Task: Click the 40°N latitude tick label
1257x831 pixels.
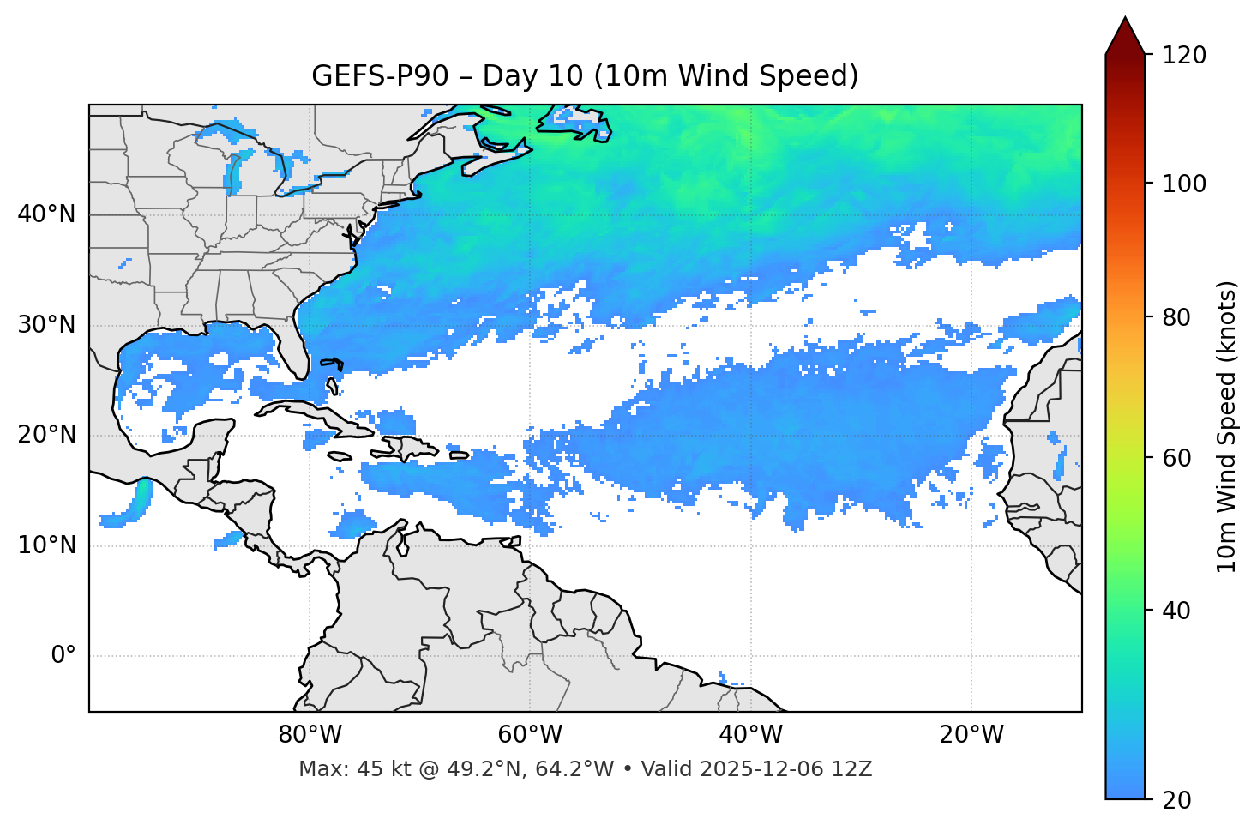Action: click(46, 214)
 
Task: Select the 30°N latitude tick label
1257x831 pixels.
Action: click(46, 325)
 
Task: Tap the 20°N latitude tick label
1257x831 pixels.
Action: click(46, 435)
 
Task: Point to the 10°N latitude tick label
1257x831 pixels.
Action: click(46, 545)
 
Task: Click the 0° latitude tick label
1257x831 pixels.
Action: click(63, 656)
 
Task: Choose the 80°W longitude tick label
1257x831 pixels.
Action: click(310, 735)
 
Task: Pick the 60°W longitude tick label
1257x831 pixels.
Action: click(530, 735)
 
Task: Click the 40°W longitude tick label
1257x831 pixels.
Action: click(750, 735)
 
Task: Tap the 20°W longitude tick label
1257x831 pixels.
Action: click(971, 735)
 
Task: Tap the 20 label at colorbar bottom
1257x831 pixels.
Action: click(1177, 800)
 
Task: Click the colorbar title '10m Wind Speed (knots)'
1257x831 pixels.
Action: click(1227, 426)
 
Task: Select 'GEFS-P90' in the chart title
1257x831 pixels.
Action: click(379, 76)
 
